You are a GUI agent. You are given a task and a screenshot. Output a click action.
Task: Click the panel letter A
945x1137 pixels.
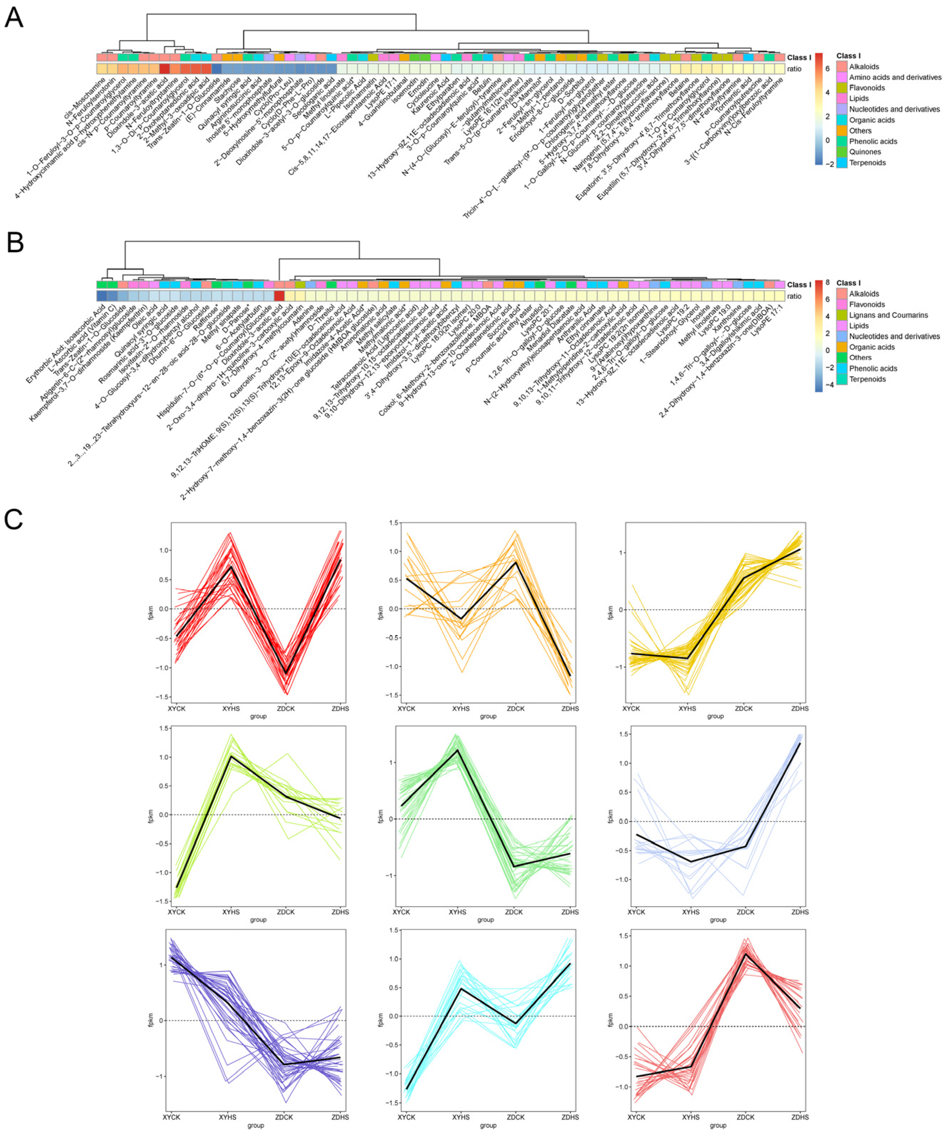click(14, 17)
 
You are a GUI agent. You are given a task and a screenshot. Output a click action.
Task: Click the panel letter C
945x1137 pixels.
click(14, 519)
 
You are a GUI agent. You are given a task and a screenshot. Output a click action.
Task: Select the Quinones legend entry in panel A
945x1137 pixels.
click(865, 152)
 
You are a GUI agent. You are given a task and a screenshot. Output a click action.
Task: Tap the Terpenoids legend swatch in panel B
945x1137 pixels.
click(841, 379)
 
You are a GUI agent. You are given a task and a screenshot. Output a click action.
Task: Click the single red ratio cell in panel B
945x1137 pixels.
click(280, 296)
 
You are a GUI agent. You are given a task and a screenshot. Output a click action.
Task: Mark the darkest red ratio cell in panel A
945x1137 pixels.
click(165, 68)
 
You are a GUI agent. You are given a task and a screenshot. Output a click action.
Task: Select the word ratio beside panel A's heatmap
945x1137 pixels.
click(794, 69)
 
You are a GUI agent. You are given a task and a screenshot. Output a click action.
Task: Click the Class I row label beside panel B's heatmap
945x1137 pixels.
click(799, 285)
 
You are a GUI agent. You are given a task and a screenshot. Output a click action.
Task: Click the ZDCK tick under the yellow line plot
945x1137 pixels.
click(744, 708)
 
